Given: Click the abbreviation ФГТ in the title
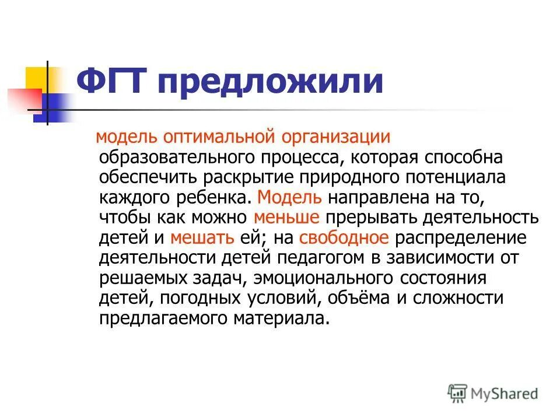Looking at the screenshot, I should point(110,82).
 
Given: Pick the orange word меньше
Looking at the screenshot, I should point(286,218).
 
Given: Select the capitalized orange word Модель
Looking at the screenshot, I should point(288,197).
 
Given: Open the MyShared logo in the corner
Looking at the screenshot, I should point(493,393).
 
